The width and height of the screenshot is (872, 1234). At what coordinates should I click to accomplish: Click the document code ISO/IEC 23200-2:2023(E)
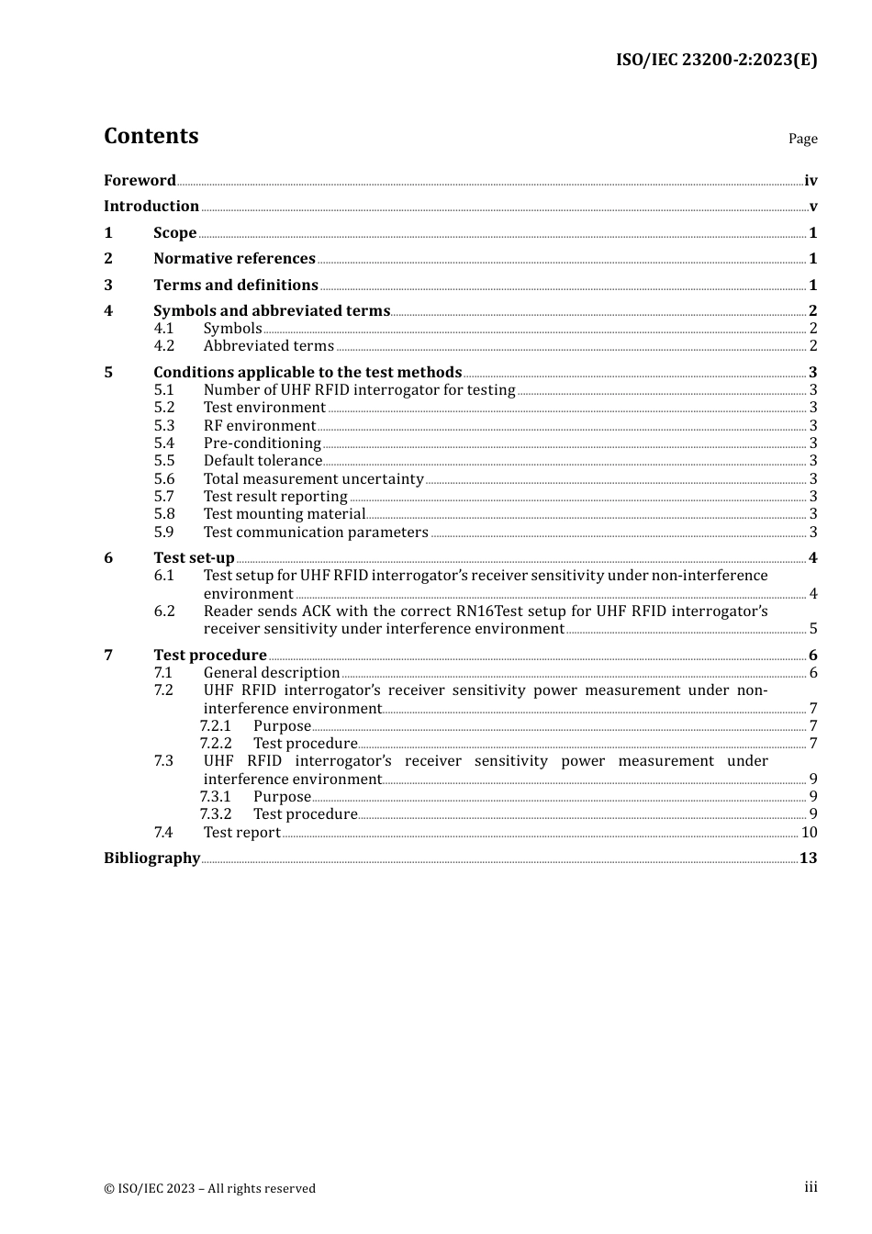click(x=716, y=60)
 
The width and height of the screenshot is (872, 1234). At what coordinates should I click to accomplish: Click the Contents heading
click(x=151, y=136)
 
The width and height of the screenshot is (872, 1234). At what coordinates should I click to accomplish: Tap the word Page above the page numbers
click(x=802, y=139)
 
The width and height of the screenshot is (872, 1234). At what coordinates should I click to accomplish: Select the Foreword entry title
click(x=140, y=180)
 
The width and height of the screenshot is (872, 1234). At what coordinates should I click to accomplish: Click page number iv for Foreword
click(x=811, y=181)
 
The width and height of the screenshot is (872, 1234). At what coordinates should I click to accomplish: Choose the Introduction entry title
click(x=151, y=206)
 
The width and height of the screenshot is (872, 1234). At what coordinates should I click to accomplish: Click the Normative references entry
click(x=234, y=259)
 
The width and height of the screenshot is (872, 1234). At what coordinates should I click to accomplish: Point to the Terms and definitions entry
click(x=236, y=285)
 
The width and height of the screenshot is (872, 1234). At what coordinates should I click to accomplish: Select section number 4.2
click(x=164, y=346)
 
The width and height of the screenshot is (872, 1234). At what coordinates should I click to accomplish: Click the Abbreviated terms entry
click(x=268, y=346)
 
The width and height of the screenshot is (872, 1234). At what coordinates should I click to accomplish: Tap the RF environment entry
click(x=260, y=426)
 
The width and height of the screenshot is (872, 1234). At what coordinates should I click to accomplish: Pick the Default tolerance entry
click(x=263, y=461)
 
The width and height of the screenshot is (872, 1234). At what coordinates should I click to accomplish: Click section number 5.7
click(x=164, y=497)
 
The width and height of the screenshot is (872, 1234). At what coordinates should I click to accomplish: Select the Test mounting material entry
click(x=285, y=514)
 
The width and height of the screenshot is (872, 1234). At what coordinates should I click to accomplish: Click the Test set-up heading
click(x=194, y=557)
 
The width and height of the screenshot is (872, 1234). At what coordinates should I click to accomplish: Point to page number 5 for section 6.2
click(x=813, y=629)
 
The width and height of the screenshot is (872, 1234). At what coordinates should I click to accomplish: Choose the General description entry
click(x=272, y=673)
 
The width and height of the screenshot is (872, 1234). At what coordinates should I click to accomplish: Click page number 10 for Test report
click(x=809, y=833)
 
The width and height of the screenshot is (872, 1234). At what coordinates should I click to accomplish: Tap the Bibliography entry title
click(x=151, y=858)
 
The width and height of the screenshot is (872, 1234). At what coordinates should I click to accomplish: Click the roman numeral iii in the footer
click(x=811, y=1187)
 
